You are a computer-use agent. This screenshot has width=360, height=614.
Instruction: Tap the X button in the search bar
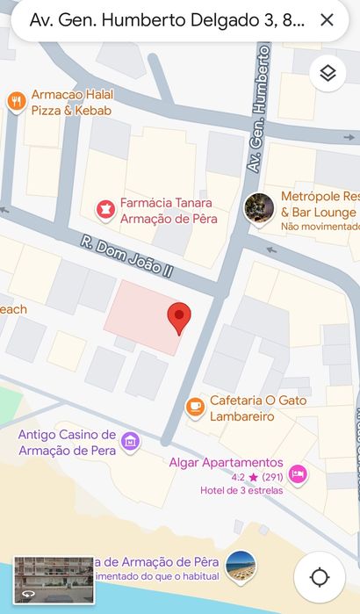(x=327, y=20)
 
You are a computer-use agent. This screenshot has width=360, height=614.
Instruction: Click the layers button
(x=328, y=74)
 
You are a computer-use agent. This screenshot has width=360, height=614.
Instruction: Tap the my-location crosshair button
(x=320, y=577)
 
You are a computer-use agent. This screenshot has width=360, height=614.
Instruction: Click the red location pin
(x=179, y=318)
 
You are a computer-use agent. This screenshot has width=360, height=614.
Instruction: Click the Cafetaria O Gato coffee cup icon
(x=195, y=408)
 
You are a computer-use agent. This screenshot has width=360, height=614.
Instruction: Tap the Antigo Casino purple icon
(x=131, y=442)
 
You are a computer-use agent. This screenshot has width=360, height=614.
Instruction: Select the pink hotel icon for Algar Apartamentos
(x=298, y=474)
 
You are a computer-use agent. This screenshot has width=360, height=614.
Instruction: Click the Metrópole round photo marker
(x=259, y=209)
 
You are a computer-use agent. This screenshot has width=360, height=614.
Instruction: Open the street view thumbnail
(x=54, y=579)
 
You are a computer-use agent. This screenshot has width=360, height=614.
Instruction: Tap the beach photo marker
(x=241, y=567)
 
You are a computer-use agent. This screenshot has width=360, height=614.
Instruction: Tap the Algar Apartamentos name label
(x=226, y=462)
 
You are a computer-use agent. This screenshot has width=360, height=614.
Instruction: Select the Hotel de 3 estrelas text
(x=241, y=490)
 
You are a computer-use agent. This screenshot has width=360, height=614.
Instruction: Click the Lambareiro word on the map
(x=241, y=416)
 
